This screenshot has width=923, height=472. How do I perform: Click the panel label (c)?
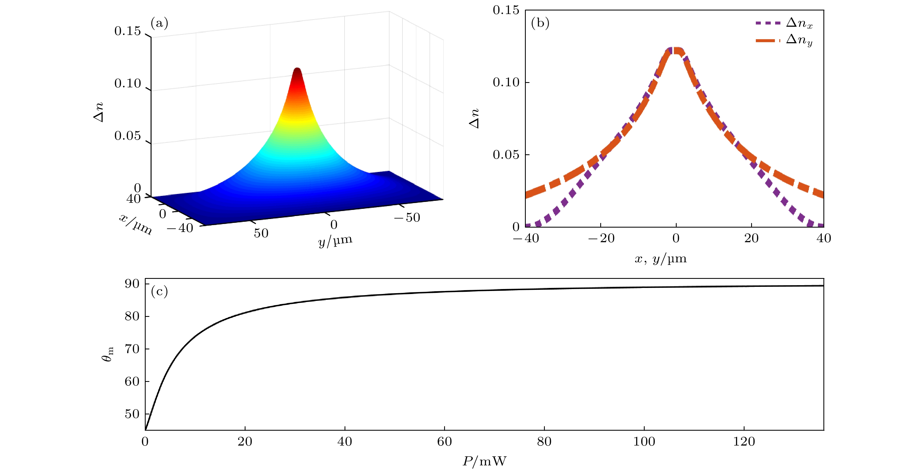click(x=159, y=292)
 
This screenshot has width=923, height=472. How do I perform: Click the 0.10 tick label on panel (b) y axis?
click(x=506, y=82)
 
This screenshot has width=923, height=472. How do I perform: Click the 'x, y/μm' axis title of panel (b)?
click(x=660, y=258)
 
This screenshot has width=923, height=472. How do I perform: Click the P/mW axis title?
click(x=484, y=461)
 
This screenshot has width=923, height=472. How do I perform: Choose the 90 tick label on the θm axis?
click(x=132, y=284)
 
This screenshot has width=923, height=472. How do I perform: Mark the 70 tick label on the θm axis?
click(x=132, y=349)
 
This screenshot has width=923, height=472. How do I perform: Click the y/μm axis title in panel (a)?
click(x=335, y=241)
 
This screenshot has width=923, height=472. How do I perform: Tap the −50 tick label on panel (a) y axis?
click(x=407, y=217)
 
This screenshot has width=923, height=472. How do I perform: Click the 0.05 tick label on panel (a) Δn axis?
click(x=127, y=136)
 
